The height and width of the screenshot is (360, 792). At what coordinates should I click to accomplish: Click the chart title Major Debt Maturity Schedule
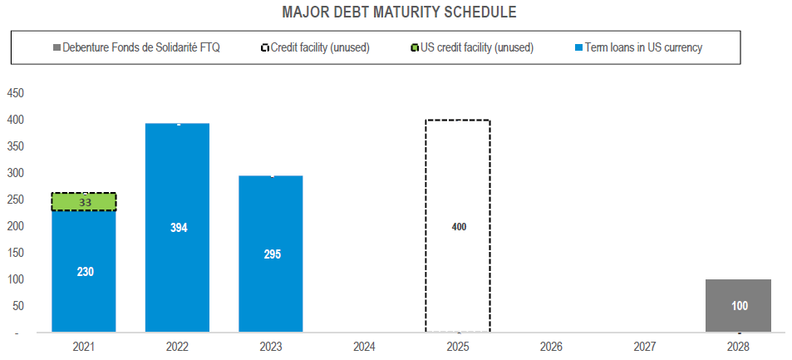coord(399,12)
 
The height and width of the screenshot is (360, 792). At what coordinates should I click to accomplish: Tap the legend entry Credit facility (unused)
coord(320,48)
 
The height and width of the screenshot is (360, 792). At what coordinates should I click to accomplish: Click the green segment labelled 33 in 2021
coord(84,202)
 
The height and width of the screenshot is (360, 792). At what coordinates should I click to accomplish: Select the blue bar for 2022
coord(177,266)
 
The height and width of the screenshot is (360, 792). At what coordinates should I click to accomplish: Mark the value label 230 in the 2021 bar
coord(84,271)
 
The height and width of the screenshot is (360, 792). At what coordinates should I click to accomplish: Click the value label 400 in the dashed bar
coord(458,226)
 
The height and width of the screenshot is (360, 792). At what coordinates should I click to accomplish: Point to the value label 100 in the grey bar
coord(739,306)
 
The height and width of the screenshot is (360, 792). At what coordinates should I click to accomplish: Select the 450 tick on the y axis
coord(15,93)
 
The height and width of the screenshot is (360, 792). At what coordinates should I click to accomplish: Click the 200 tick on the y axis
coord(15,226)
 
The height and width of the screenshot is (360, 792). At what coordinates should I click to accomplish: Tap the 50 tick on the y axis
coord(17,306)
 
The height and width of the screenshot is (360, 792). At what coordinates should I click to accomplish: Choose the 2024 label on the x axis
coord(364,346)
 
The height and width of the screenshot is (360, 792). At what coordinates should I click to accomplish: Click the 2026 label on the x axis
coord(551,346)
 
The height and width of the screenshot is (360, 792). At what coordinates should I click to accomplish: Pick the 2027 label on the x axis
coord(645,346)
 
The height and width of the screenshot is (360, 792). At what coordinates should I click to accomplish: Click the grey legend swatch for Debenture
coord(56,48)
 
